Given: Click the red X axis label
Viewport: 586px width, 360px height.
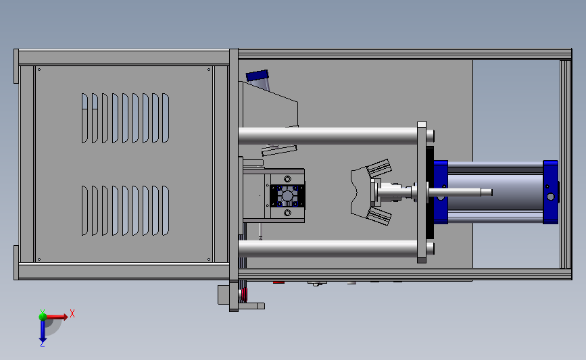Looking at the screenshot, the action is [72, 313].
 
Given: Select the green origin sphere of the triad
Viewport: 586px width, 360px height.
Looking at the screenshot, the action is [43, 317].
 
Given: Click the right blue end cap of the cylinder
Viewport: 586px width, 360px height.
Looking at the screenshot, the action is [550, 192].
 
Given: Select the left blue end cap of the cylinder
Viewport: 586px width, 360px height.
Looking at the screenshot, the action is [441, 192].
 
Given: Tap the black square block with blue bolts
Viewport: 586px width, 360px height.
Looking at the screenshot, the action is [287, 196].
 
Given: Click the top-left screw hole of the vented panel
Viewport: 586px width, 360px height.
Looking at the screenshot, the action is [39, 70].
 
